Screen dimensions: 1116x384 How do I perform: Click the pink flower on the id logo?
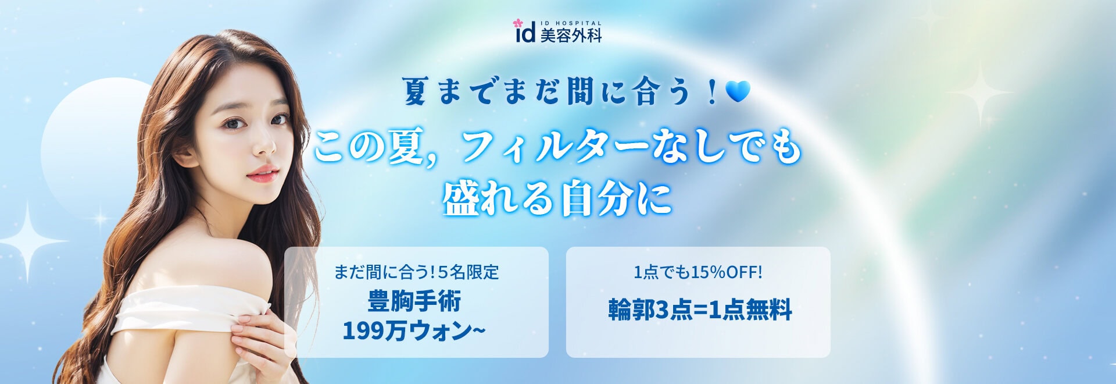pos(517,24)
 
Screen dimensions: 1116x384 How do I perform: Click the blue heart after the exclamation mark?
pos(738,91)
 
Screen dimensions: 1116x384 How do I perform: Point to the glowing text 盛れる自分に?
pos(557,198)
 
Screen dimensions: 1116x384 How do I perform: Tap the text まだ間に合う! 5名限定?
pos(416,272)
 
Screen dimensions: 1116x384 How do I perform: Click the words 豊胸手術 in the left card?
pos(415,301)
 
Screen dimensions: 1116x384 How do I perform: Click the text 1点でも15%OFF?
pos(697,272)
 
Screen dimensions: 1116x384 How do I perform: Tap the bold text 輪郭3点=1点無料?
pos(700,310)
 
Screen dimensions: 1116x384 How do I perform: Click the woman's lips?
pos(263,173)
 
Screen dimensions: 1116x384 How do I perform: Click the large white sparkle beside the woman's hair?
pos(28,241)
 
